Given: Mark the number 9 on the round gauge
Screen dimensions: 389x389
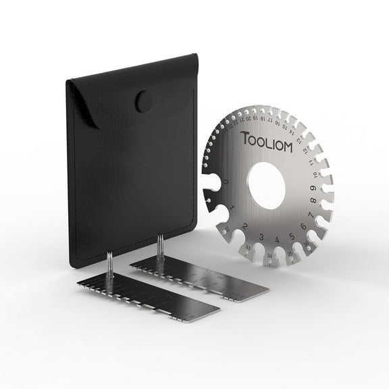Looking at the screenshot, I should [328, 186].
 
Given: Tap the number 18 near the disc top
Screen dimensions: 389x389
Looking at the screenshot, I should [260, 122].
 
